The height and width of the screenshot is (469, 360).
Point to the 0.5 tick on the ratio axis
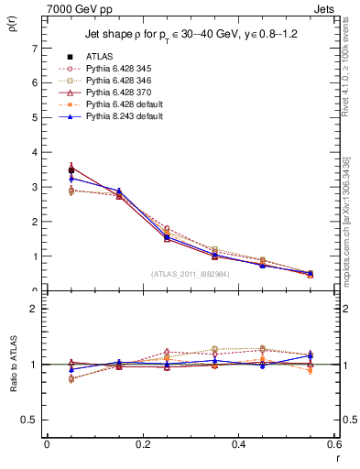point(30,420)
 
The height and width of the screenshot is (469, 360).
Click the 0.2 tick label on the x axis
point(142,444)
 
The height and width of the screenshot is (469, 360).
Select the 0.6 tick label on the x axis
point(333,444)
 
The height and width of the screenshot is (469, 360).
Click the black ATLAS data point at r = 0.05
point(71,169)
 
